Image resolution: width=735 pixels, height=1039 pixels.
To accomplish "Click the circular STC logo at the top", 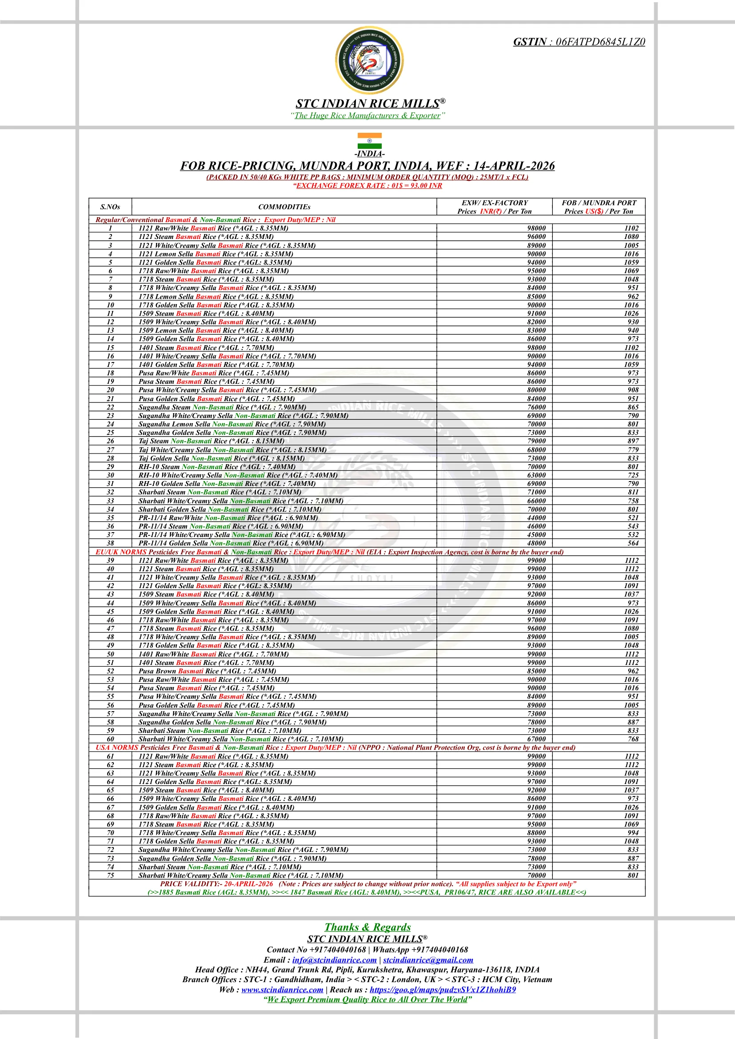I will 369,60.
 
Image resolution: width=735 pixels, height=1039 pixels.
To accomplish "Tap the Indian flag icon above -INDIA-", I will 369,141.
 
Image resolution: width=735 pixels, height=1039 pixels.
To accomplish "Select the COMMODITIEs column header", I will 284,207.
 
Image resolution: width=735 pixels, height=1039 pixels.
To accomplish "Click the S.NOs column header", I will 110,207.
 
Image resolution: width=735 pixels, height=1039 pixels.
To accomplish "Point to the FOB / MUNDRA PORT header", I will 598,203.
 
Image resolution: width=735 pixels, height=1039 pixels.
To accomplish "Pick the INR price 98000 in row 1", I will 536,228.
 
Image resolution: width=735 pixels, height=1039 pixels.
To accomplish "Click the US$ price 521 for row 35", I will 633,518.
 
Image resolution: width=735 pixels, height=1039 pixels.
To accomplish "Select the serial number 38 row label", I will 110,543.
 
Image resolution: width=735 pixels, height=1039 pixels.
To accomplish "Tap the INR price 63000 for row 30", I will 536,475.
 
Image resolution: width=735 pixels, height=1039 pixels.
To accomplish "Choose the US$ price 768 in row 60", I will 633,739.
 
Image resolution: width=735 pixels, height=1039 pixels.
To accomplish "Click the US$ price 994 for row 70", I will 633,832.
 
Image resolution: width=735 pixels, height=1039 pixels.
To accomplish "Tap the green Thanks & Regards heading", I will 367,927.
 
